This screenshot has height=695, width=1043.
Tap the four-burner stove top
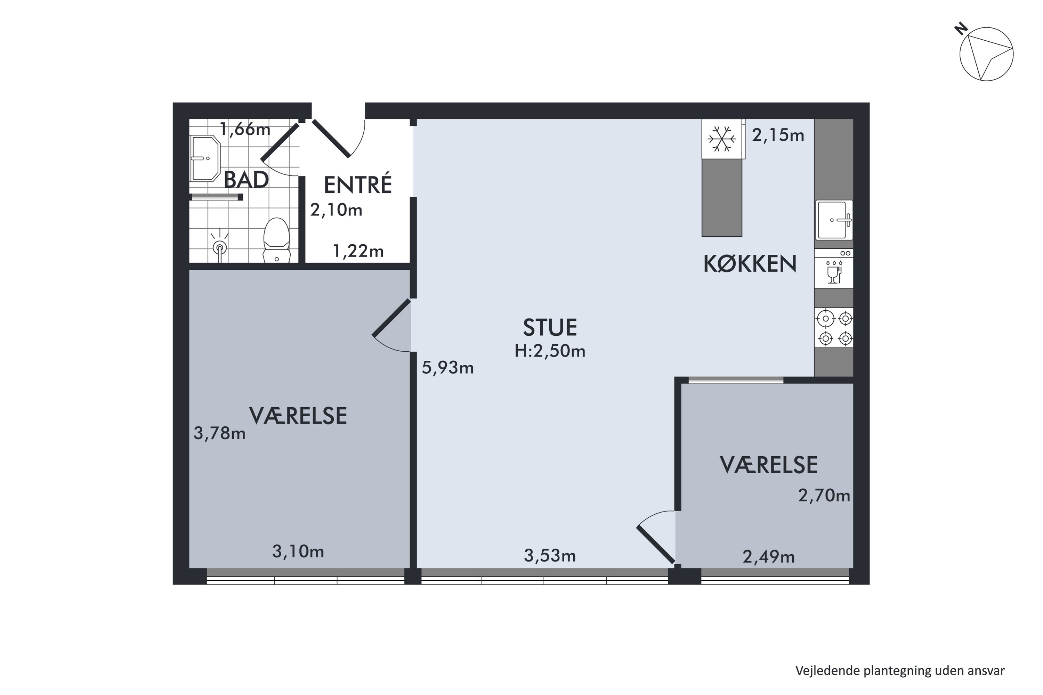(834, 328)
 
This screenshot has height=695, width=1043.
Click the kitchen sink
(834, 220)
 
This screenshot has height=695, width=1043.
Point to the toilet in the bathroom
(277, 240)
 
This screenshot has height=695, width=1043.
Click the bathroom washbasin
(205, 158)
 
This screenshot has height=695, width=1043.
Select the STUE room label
(550, 328)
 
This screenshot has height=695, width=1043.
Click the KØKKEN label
(750, 264)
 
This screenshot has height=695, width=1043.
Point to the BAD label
(246, 180)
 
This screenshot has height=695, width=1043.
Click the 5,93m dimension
(447, 368)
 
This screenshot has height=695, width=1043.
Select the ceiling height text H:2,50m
(550, 351)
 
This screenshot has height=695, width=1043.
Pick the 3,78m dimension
(219, 433)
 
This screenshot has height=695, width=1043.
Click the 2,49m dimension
(768, 557)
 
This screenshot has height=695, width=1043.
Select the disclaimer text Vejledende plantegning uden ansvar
(900, 671)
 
